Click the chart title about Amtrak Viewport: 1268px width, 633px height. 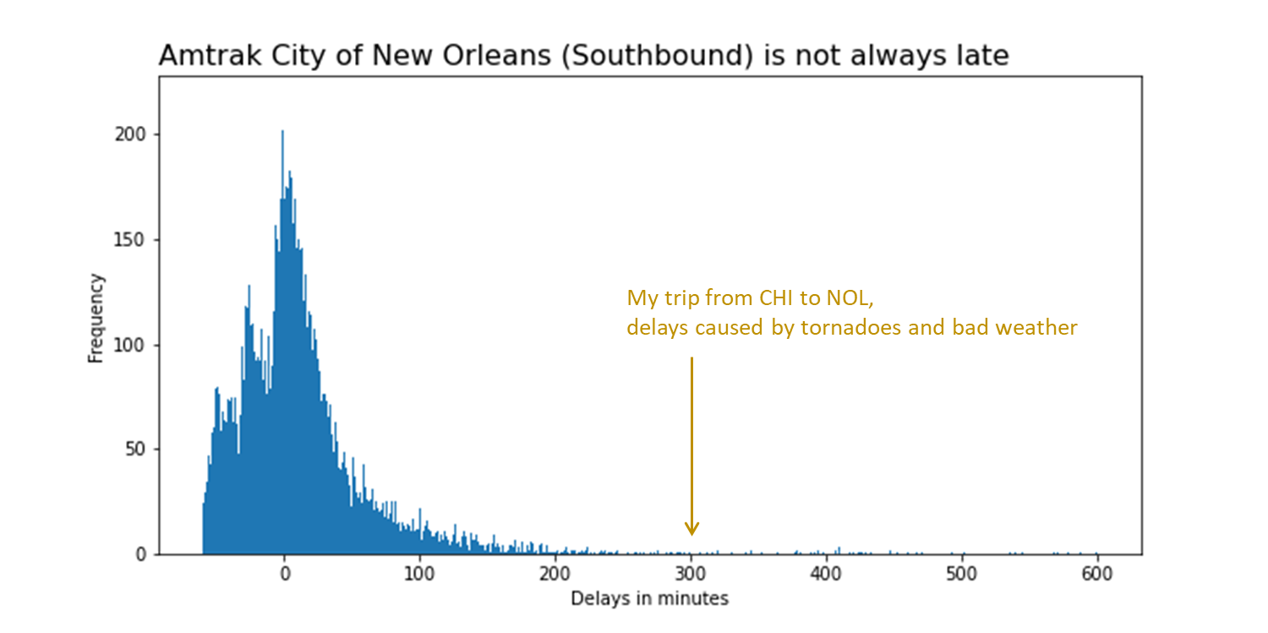[583, 56]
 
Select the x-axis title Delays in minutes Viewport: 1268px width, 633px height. [649, 599]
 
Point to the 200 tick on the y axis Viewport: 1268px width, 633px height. [137, 134]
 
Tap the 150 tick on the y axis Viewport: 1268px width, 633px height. [137, 239]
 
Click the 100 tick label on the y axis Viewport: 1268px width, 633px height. [137, 345]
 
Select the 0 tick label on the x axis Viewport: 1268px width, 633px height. [285, 575]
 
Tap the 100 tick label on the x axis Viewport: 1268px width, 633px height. [420, 575]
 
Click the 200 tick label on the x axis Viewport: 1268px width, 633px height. [555, 575]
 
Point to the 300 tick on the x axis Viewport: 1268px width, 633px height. [691, 575]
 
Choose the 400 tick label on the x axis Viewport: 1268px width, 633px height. [827, 575]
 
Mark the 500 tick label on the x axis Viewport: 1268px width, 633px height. [962, 575]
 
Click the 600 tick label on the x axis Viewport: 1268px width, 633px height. [1097, 575]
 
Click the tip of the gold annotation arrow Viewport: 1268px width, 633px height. [691, 535]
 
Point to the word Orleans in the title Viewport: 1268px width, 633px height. [452, 56]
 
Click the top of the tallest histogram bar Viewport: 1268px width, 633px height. [282, 131]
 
